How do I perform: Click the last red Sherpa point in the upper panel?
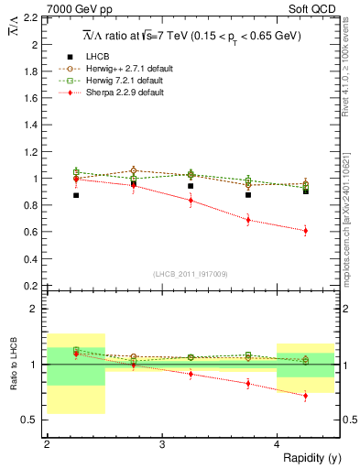point(306,231)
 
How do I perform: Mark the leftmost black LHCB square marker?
point(76,195)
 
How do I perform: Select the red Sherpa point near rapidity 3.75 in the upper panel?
point(248,220)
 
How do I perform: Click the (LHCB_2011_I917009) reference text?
point(191,274)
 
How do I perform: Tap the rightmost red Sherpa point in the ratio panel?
point(306,396)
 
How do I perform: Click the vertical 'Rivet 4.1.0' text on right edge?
point(351,69)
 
